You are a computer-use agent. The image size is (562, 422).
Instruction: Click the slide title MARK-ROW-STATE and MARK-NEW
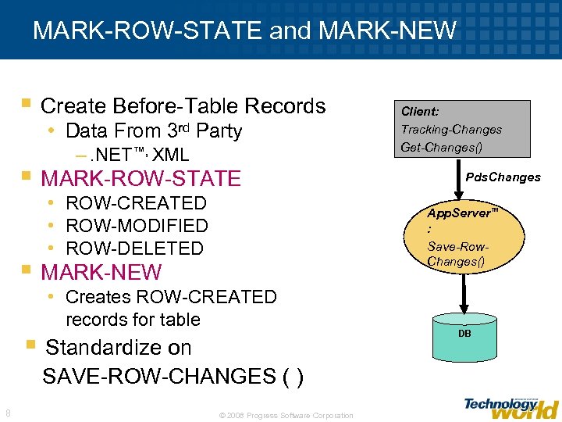click(244, 30)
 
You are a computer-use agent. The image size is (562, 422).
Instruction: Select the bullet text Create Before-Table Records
click(183, 105)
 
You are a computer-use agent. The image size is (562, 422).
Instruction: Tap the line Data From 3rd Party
click(154, 131)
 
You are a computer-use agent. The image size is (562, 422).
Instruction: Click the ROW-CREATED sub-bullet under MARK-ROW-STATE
click(136, 203)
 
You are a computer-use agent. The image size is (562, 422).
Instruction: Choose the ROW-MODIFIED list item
click(137, 226)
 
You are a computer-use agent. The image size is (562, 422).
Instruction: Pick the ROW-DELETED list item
click(134, 249)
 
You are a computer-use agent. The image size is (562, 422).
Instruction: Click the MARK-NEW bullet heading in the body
click(101, 273)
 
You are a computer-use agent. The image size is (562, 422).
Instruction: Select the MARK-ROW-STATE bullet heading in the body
click(140, 178)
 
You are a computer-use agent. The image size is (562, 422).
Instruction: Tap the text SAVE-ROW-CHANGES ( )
click(173, 376)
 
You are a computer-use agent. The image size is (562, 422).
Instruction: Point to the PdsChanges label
click(503, 177)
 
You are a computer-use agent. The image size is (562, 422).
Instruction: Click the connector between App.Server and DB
click(464, 295)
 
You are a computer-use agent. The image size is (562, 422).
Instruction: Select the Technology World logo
click(510, 406)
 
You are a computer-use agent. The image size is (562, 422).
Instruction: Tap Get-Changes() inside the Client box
click(441, 147)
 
